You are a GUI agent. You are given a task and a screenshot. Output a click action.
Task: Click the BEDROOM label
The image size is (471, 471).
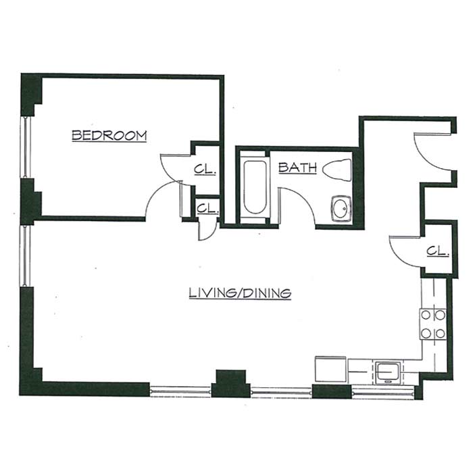point(109,135)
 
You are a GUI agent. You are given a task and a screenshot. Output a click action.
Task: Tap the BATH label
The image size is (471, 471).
point(297,168)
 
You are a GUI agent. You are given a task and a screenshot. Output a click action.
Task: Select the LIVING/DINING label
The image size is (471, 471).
point(240,293)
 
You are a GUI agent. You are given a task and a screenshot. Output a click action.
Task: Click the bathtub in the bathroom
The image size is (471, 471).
point(255,187)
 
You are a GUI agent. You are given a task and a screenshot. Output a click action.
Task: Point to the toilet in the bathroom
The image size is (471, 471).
point(337,170)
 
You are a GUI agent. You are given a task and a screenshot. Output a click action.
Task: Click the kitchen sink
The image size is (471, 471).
point(388,373)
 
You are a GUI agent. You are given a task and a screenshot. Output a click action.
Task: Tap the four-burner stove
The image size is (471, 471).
point(433,324)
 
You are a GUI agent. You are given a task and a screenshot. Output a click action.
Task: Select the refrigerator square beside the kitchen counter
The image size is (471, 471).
point(330,369)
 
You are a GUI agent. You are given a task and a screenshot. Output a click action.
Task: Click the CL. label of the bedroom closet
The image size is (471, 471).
point(205,169)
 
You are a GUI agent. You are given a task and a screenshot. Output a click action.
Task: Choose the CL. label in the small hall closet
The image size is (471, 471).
point(207,208)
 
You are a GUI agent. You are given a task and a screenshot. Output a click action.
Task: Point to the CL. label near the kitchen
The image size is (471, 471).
point(438,251)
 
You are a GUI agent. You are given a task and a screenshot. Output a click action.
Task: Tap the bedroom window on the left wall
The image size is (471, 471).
point(27,147)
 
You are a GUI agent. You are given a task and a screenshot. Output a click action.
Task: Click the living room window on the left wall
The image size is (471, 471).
point(26,255)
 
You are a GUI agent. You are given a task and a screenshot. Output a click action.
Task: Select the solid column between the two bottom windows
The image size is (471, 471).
point(230,384)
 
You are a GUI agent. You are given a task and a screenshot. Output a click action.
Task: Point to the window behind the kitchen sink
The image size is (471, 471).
point(383,391)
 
